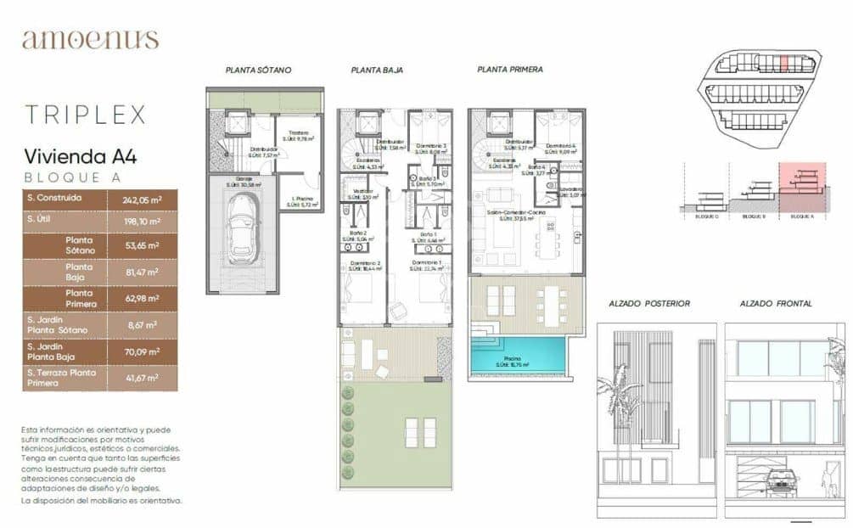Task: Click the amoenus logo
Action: [90, 40]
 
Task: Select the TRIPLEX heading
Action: [85, 115]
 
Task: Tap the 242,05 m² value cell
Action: [142, 199]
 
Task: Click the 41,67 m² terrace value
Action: [142, 378]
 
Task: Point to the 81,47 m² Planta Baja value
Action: [142, 272]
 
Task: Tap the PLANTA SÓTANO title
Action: [258, 70]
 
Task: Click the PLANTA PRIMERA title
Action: [509, 70]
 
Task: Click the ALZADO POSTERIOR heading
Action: [649, 303]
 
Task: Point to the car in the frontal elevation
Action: [782, 481]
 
